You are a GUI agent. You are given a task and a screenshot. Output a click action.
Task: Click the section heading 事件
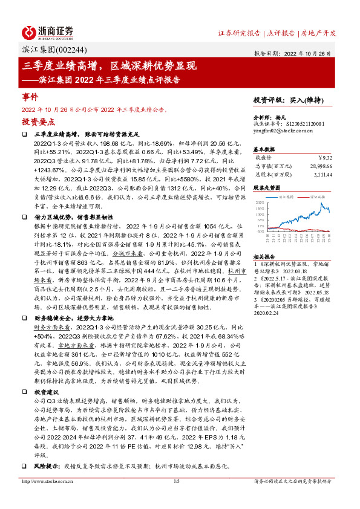(x=30, y=97)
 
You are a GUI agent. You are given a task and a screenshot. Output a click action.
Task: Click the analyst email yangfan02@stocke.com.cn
(x=280, y=129)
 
